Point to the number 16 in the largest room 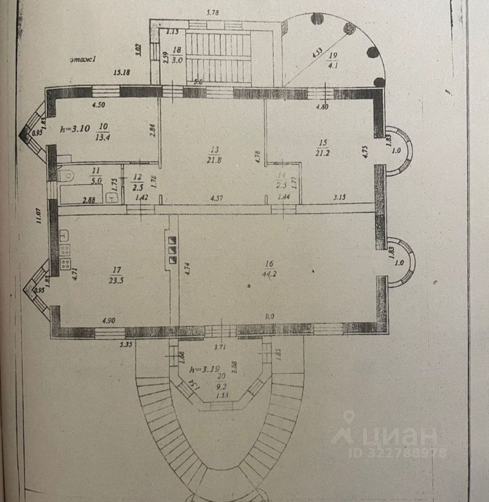[x=270, y=264]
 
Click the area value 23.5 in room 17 [x=117, y=279]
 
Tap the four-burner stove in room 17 [x=66, y=264]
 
